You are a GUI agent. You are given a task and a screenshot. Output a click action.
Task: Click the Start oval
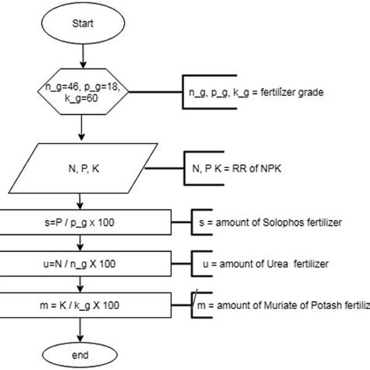[82, 23]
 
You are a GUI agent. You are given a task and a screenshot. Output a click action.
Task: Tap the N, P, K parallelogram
[82, 167]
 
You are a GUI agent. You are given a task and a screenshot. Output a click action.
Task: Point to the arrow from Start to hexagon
[82, 58]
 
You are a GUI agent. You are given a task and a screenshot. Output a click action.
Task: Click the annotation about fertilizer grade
[255, 93]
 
